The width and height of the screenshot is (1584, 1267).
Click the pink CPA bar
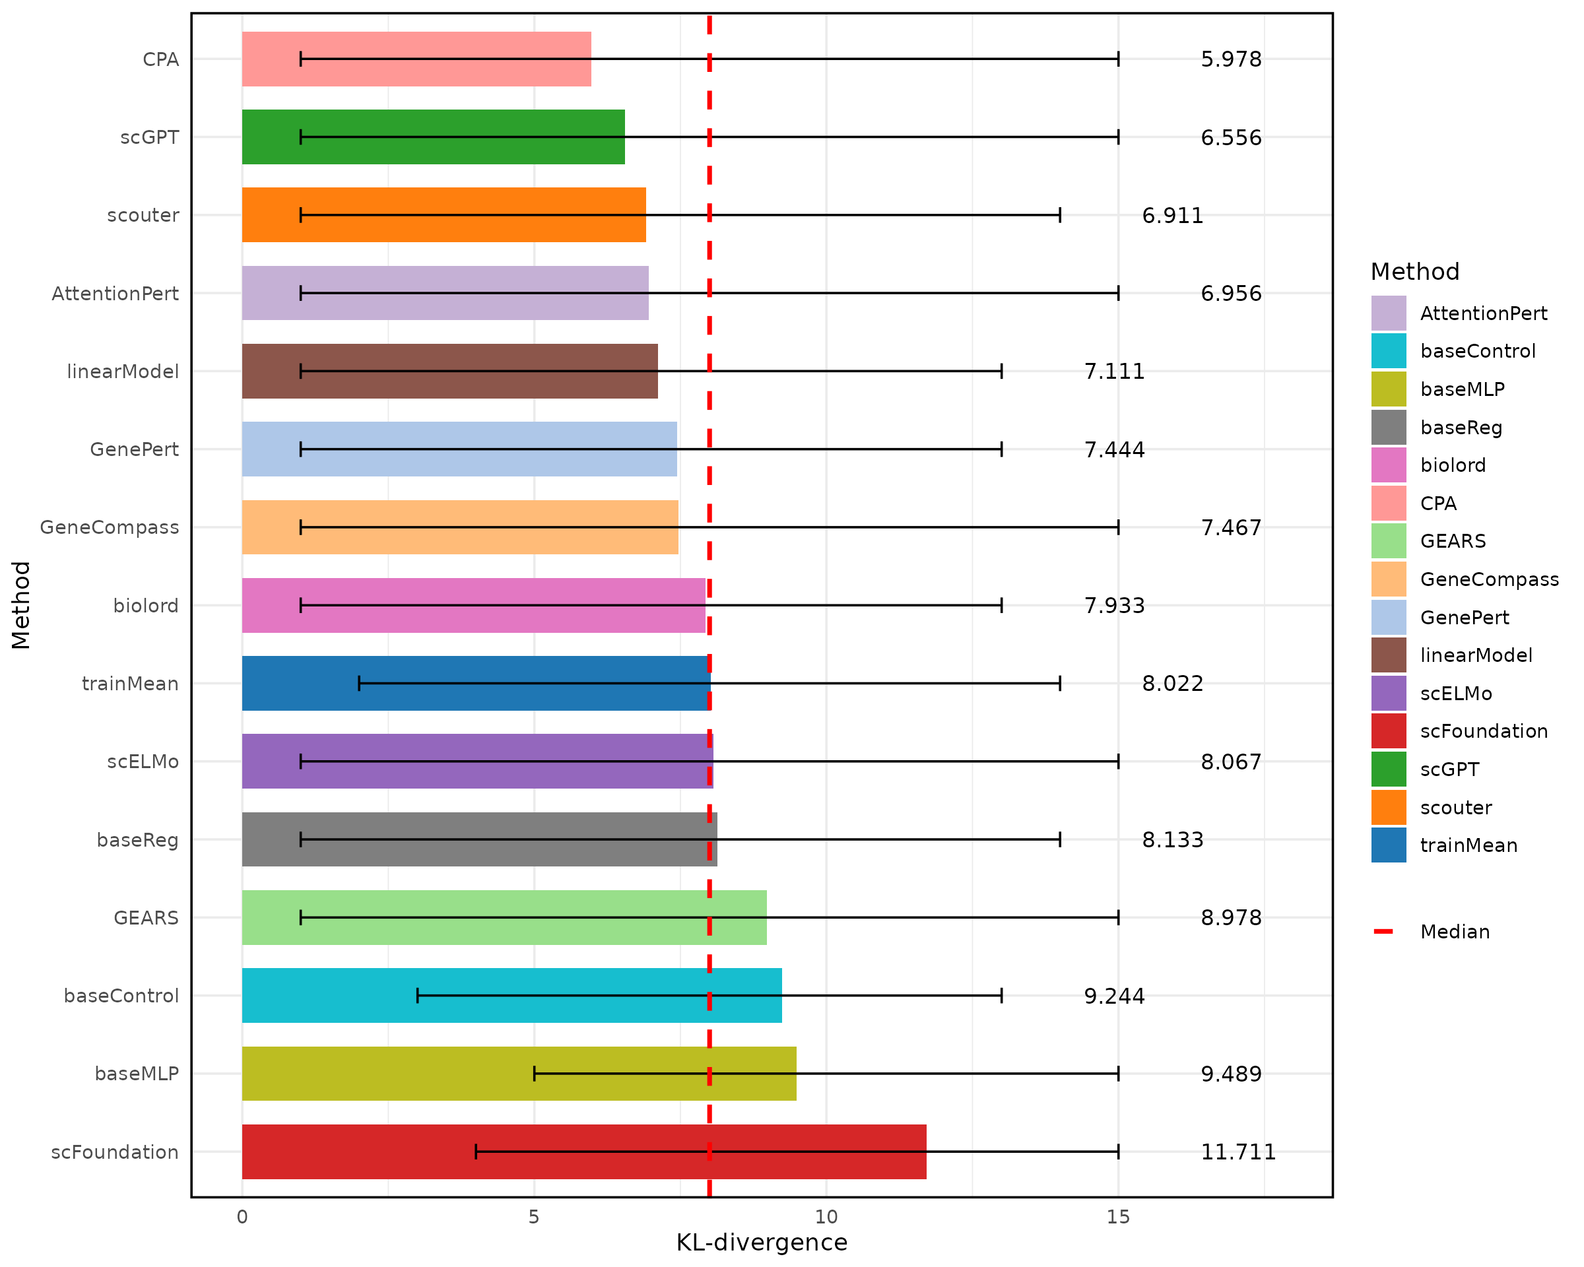click(416, 59)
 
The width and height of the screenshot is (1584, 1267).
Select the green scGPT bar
click(433, 137)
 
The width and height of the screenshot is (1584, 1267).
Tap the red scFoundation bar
click(583, 1152)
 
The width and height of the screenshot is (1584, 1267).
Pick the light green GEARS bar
click(504, 917)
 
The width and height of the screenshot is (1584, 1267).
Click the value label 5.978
click(1231, 59)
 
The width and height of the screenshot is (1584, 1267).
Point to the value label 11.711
click(1238, 1152)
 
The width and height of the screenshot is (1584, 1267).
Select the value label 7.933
click(1114, 606)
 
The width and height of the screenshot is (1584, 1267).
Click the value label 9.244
click(1114, 996)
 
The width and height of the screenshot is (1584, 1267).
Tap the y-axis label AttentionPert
click(115, 294)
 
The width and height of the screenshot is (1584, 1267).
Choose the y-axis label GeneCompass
click(110, 527)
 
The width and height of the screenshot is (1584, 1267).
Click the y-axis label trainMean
click(130, 684)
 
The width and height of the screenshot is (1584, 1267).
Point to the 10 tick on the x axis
click(826, 1217)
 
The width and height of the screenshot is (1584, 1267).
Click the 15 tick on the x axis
click(1117, 1217)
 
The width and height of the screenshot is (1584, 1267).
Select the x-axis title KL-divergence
click(761, 1242)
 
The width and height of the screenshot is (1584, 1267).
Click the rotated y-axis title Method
click(20, 605)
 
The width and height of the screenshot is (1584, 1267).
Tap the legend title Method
click(1414, 272)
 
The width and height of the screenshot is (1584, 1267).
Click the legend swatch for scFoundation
click(1388, 731)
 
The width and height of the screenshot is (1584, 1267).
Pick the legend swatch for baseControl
click(1388, 351)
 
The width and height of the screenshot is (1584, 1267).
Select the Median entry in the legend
click(1454, 932)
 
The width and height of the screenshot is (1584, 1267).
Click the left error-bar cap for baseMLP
click(534, 1074)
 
